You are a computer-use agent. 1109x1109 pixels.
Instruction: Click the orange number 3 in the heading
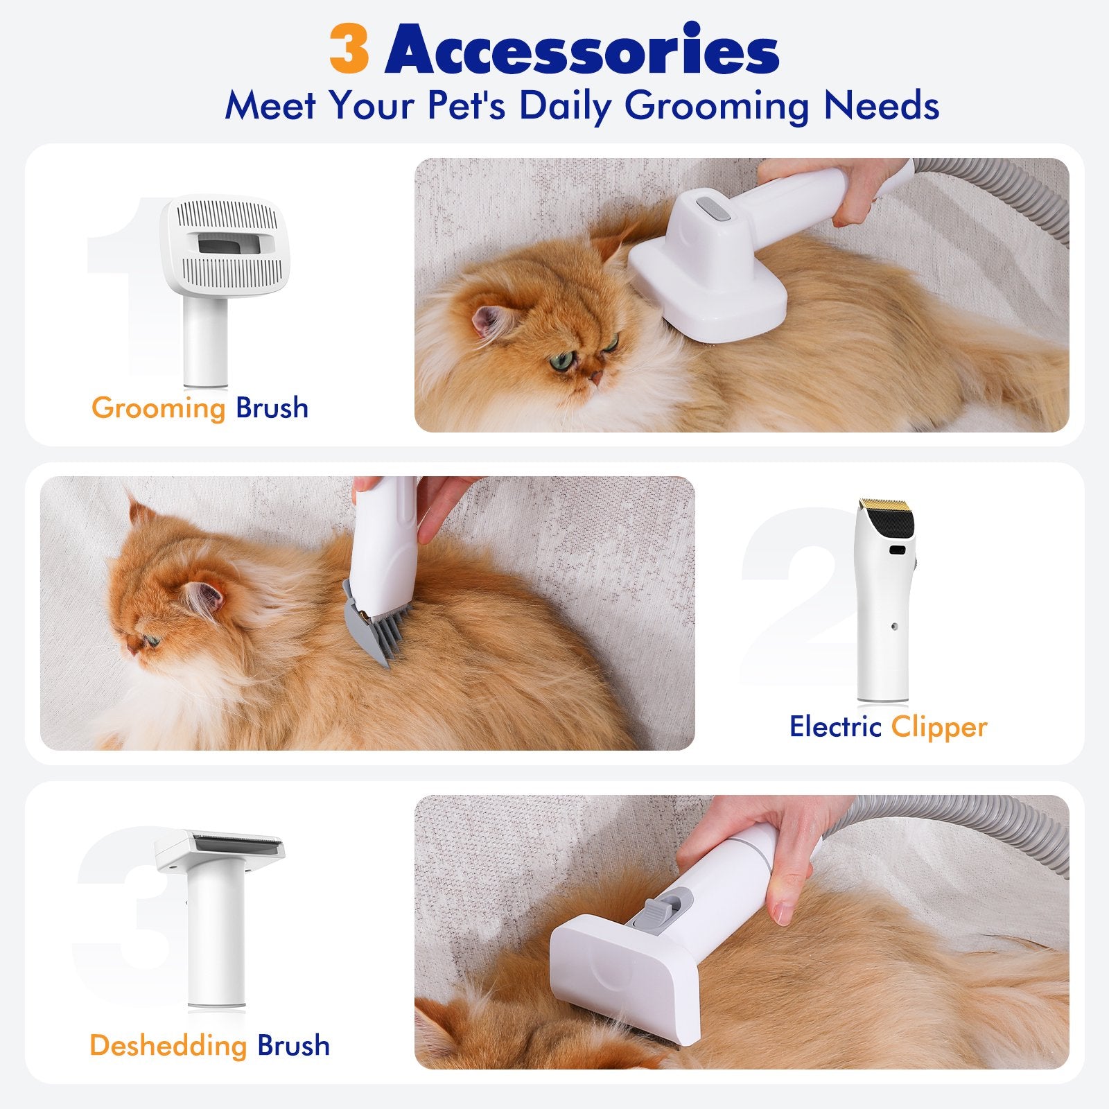(349, 49)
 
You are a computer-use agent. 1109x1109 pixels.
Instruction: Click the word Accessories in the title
(582, 49)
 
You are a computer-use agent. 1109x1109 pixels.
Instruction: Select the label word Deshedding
(168, 1045)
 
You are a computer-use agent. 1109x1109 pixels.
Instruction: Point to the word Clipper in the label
(939, 727)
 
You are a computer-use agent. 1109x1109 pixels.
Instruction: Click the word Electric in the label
(835, 726)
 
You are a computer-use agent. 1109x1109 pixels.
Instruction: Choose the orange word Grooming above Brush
(159, 408)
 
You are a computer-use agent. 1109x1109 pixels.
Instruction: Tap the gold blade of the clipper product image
(887, 503)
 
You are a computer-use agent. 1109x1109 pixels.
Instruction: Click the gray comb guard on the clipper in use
(378, 622)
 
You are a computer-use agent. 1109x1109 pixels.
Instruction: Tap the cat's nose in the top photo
(595, 378)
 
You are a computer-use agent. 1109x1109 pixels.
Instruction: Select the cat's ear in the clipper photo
(204, 597)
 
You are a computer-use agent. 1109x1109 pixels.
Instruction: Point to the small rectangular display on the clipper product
(897, 550)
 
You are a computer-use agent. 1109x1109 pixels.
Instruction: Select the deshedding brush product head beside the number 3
(220, 851)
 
